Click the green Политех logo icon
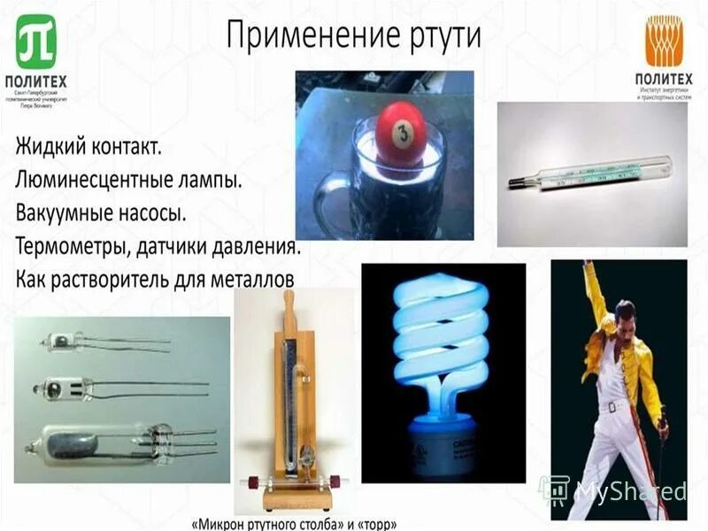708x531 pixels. click(x=36, y=42)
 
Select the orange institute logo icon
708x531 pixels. click(x=663, y=41)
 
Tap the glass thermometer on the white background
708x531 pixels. click(x=589, y=173)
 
